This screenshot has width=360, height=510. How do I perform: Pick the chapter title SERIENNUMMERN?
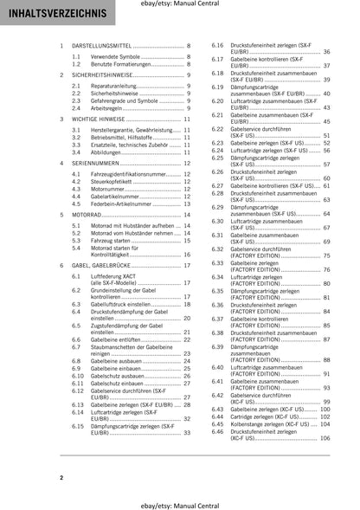point(96,162)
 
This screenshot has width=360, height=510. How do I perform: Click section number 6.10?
point(78,377)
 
